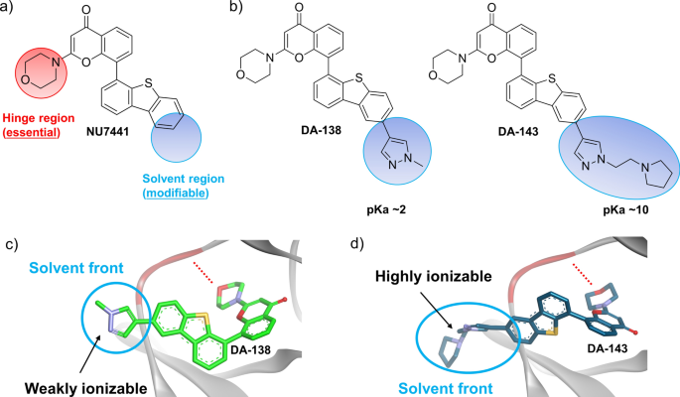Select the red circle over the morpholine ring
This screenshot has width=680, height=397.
pyautogui.click(x=41, y=75)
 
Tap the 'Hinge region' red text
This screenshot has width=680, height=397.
pyautogui.click(x=45, y=116)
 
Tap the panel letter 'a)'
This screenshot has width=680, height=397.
pyautogui.click(x=11, y=9)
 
